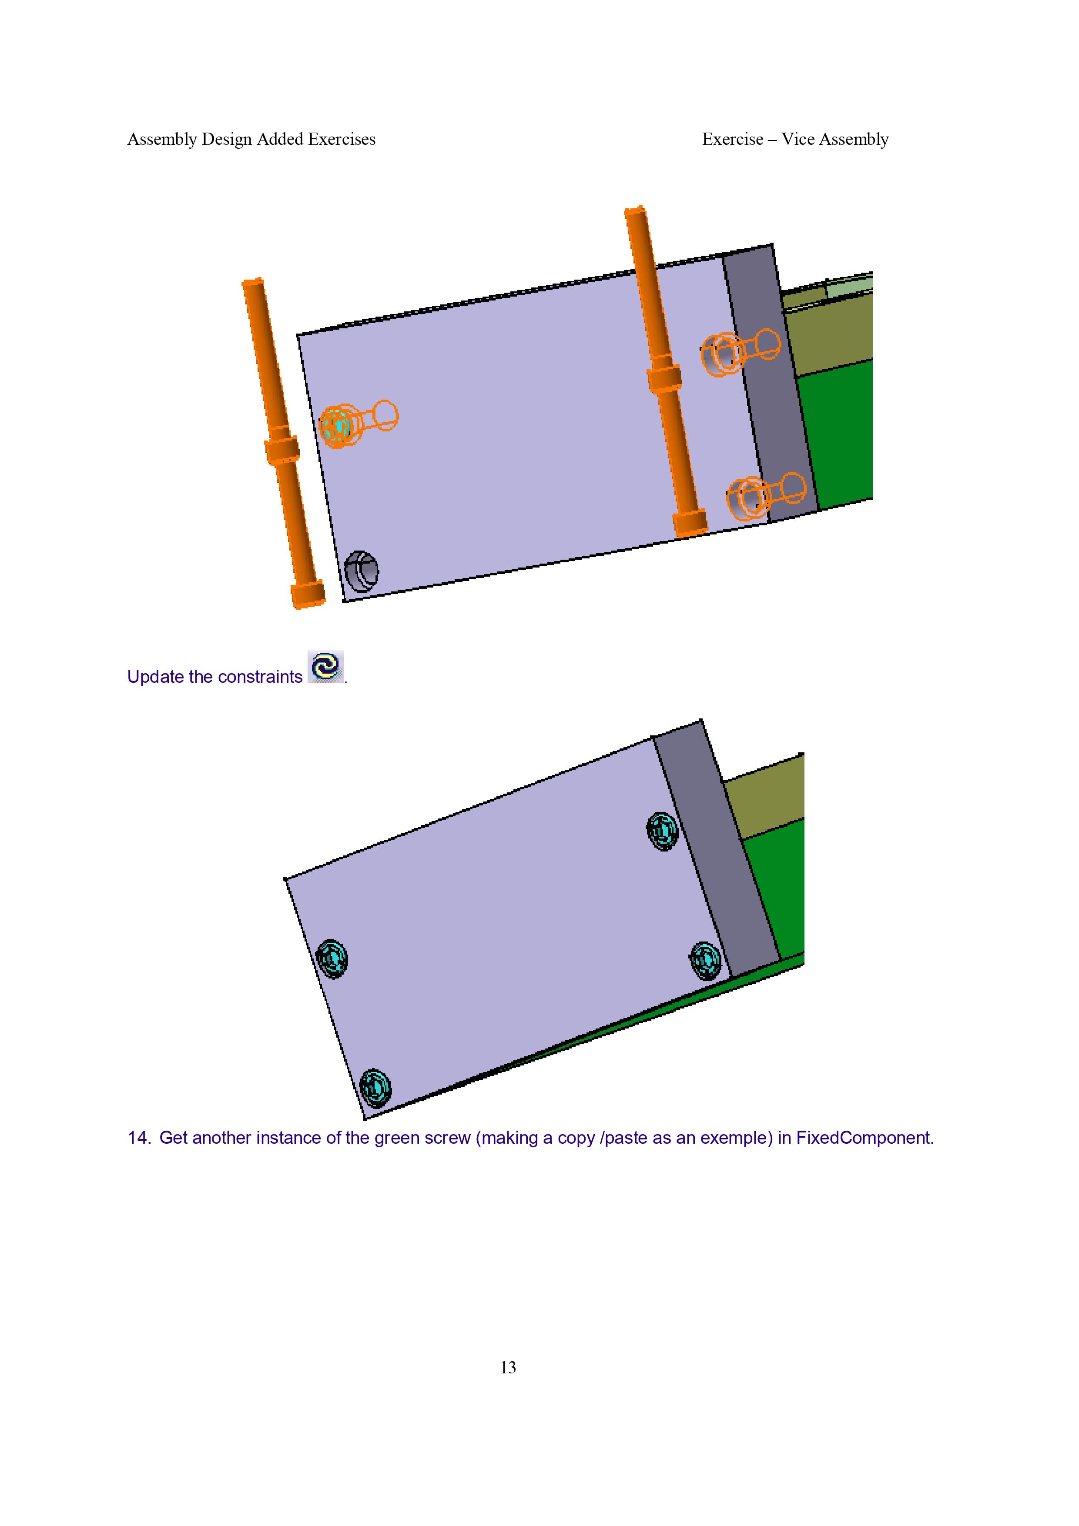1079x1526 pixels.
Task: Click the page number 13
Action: point(508,1367)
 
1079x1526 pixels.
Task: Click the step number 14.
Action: point(139,1138)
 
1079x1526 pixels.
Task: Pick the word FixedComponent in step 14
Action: point(864,1138)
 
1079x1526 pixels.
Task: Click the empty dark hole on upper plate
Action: point(361,571)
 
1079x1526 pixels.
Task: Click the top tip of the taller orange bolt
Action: point(635,209)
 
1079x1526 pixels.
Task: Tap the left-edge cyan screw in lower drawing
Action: point(332,958)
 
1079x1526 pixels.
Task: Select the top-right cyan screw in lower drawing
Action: point(662,831)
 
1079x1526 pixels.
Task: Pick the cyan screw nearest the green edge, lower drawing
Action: point(705,960)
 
